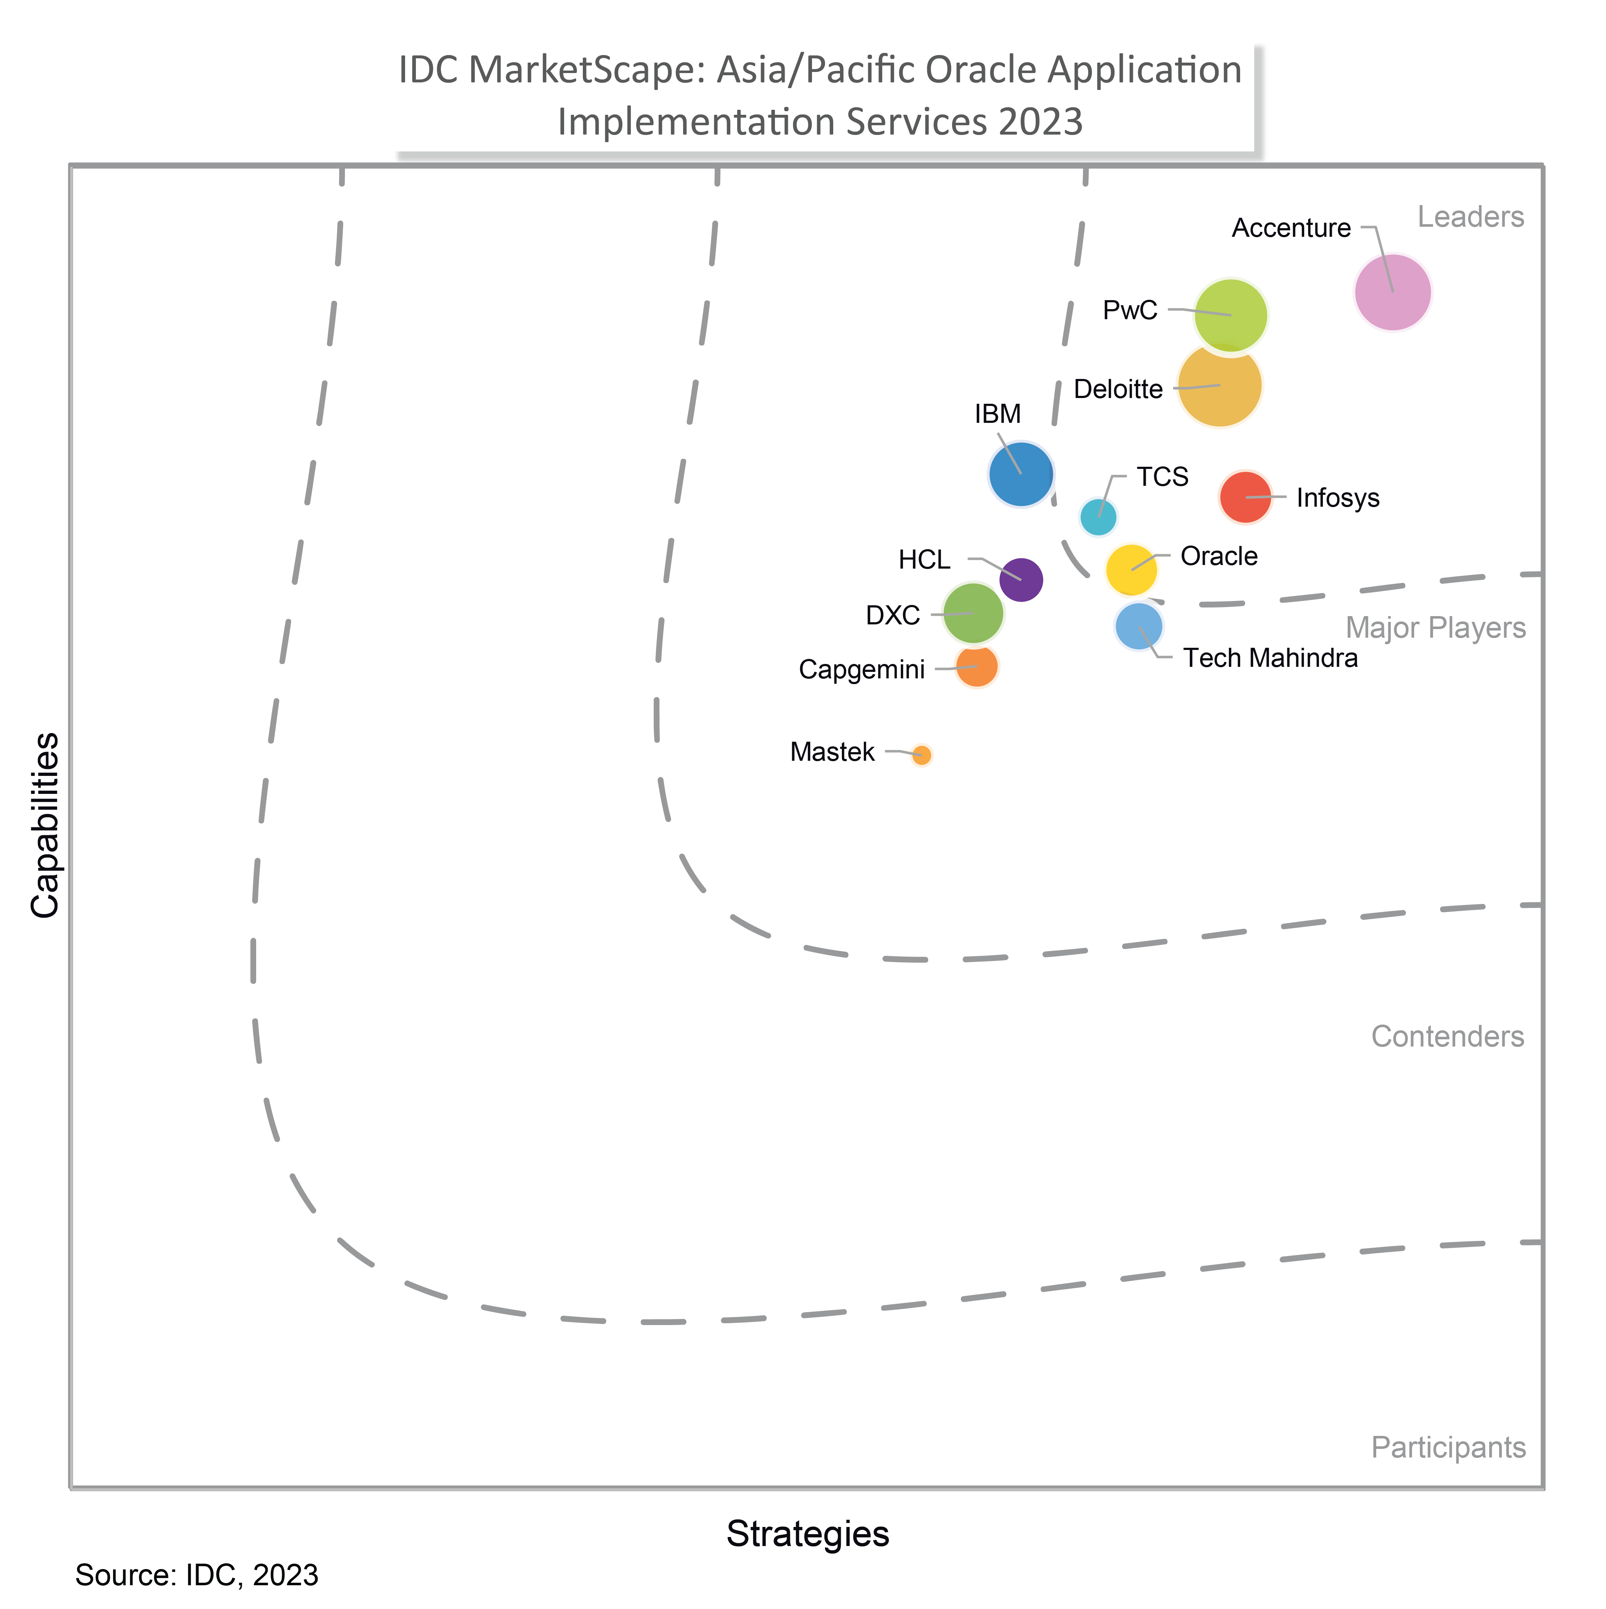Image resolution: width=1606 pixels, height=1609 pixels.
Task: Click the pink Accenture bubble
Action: point(1392,292)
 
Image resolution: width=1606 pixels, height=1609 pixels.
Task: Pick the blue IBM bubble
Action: point(1021,474)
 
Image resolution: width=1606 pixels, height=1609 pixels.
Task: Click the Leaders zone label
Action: point(1470,217)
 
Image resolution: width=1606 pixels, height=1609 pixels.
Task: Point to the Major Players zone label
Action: point(1435,628)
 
